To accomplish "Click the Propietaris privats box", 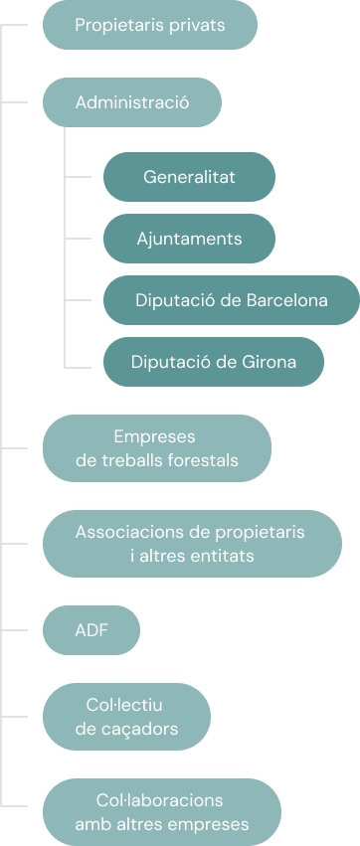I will click(x=149, y=25).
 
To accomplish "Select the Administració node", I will click(x=131, y=101).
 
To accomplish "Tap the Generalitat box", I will click(x=189, y=178).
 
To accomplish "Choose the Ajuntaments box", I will click(x=189, y=239).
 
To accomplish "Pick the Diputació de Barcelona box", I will click(x=231, y=300).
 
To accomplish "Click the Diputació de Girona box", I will click(x=213, y=362).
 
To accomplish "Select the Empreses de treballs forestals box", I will click(x=156, y=448).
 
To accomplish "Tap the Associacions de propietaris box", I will click(x=191, y=544).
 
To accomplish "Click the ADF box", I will click(x=91, y=630).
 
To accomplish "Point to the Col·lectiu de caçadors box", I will click(x=126, y=717).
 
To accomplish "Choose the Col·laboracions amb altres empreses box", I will click(x=161, y=811).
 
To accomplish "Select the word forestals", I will click(x=203, y=460).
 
